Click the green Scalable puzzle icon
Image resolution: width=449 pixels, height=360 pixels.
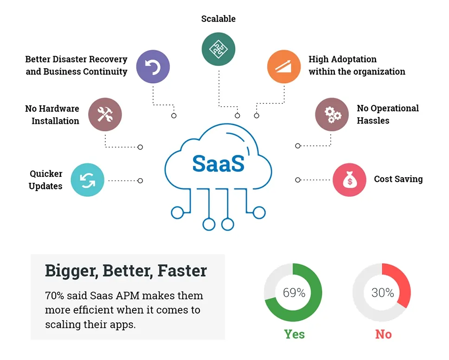click(218, 49)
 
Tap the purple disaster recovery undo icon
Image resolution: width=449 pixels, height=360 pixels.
click(153, 66)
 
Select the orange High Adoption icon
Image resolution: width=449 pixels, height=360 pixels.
click(284, 66)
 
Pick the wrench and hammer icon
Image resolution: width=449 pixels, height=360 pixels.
click(105, 114)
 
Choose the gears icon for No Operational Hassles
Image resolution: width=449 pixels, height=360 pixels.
click(332, 114)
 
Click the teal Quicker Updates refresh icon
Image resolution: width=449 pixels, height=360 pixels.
click(87, 180)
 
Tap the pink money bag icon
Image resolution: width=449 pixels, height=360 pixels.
click(349, 180)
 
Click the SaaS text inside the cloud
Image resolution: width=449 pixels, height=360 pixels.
click(218, 164)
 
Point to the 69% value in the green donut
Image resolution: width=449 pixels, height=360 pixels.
click(294, 293)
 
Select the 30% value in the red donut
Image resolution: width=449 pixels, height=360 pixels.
click(383, 293)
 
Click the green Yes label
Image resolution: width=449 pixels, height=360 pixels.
click(295, 334)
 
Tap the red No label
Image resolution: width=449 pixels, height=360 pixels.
click(384, 334)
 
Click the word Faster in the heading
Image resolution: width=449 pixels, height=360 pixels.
click(182, 270)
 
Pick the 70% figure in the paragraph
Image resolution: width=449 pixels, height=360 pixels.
click(54, 296)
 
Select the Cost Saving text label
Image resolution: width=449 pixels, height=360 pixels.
click(398, 179)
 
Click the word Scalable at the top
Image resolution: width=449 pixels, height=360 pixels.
click(218, 19)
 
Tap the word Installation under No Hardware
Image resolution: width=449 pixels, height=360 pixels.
click(55, 121)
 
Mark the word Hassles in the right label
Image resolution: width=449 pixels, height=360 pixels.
click(373, 121)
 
